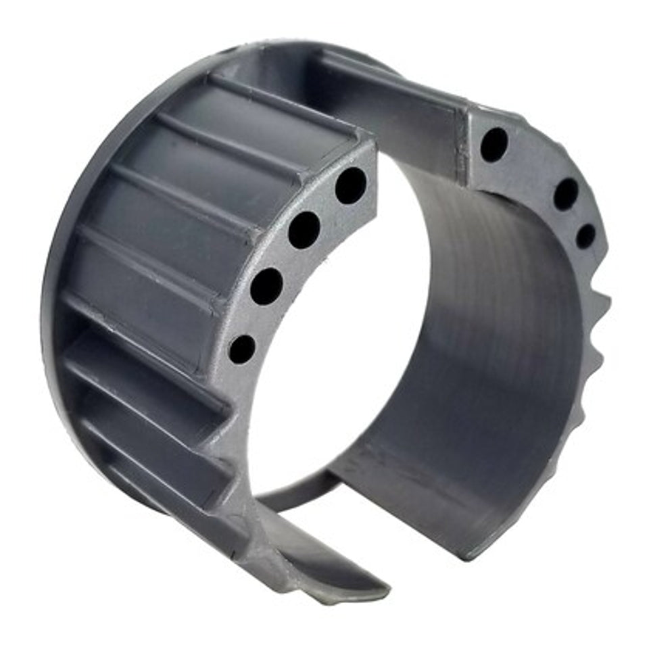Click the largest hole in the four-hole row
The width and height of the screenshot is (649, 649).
[351, 185]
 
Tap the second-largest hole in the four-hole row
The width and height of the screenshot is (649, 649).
[304, 230]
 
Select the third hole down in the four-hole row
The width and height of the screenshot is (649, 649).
[266, 286]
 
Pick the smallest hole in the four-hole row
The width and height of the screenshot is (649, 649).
[242, 349]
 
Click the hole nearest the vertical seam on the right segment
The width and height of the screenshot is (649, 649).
[494, 144]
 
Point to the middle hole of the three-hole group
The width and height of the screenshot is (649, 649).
[566, 193]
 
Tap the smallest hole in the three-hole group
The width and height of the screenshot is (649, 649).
[585, 236]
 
